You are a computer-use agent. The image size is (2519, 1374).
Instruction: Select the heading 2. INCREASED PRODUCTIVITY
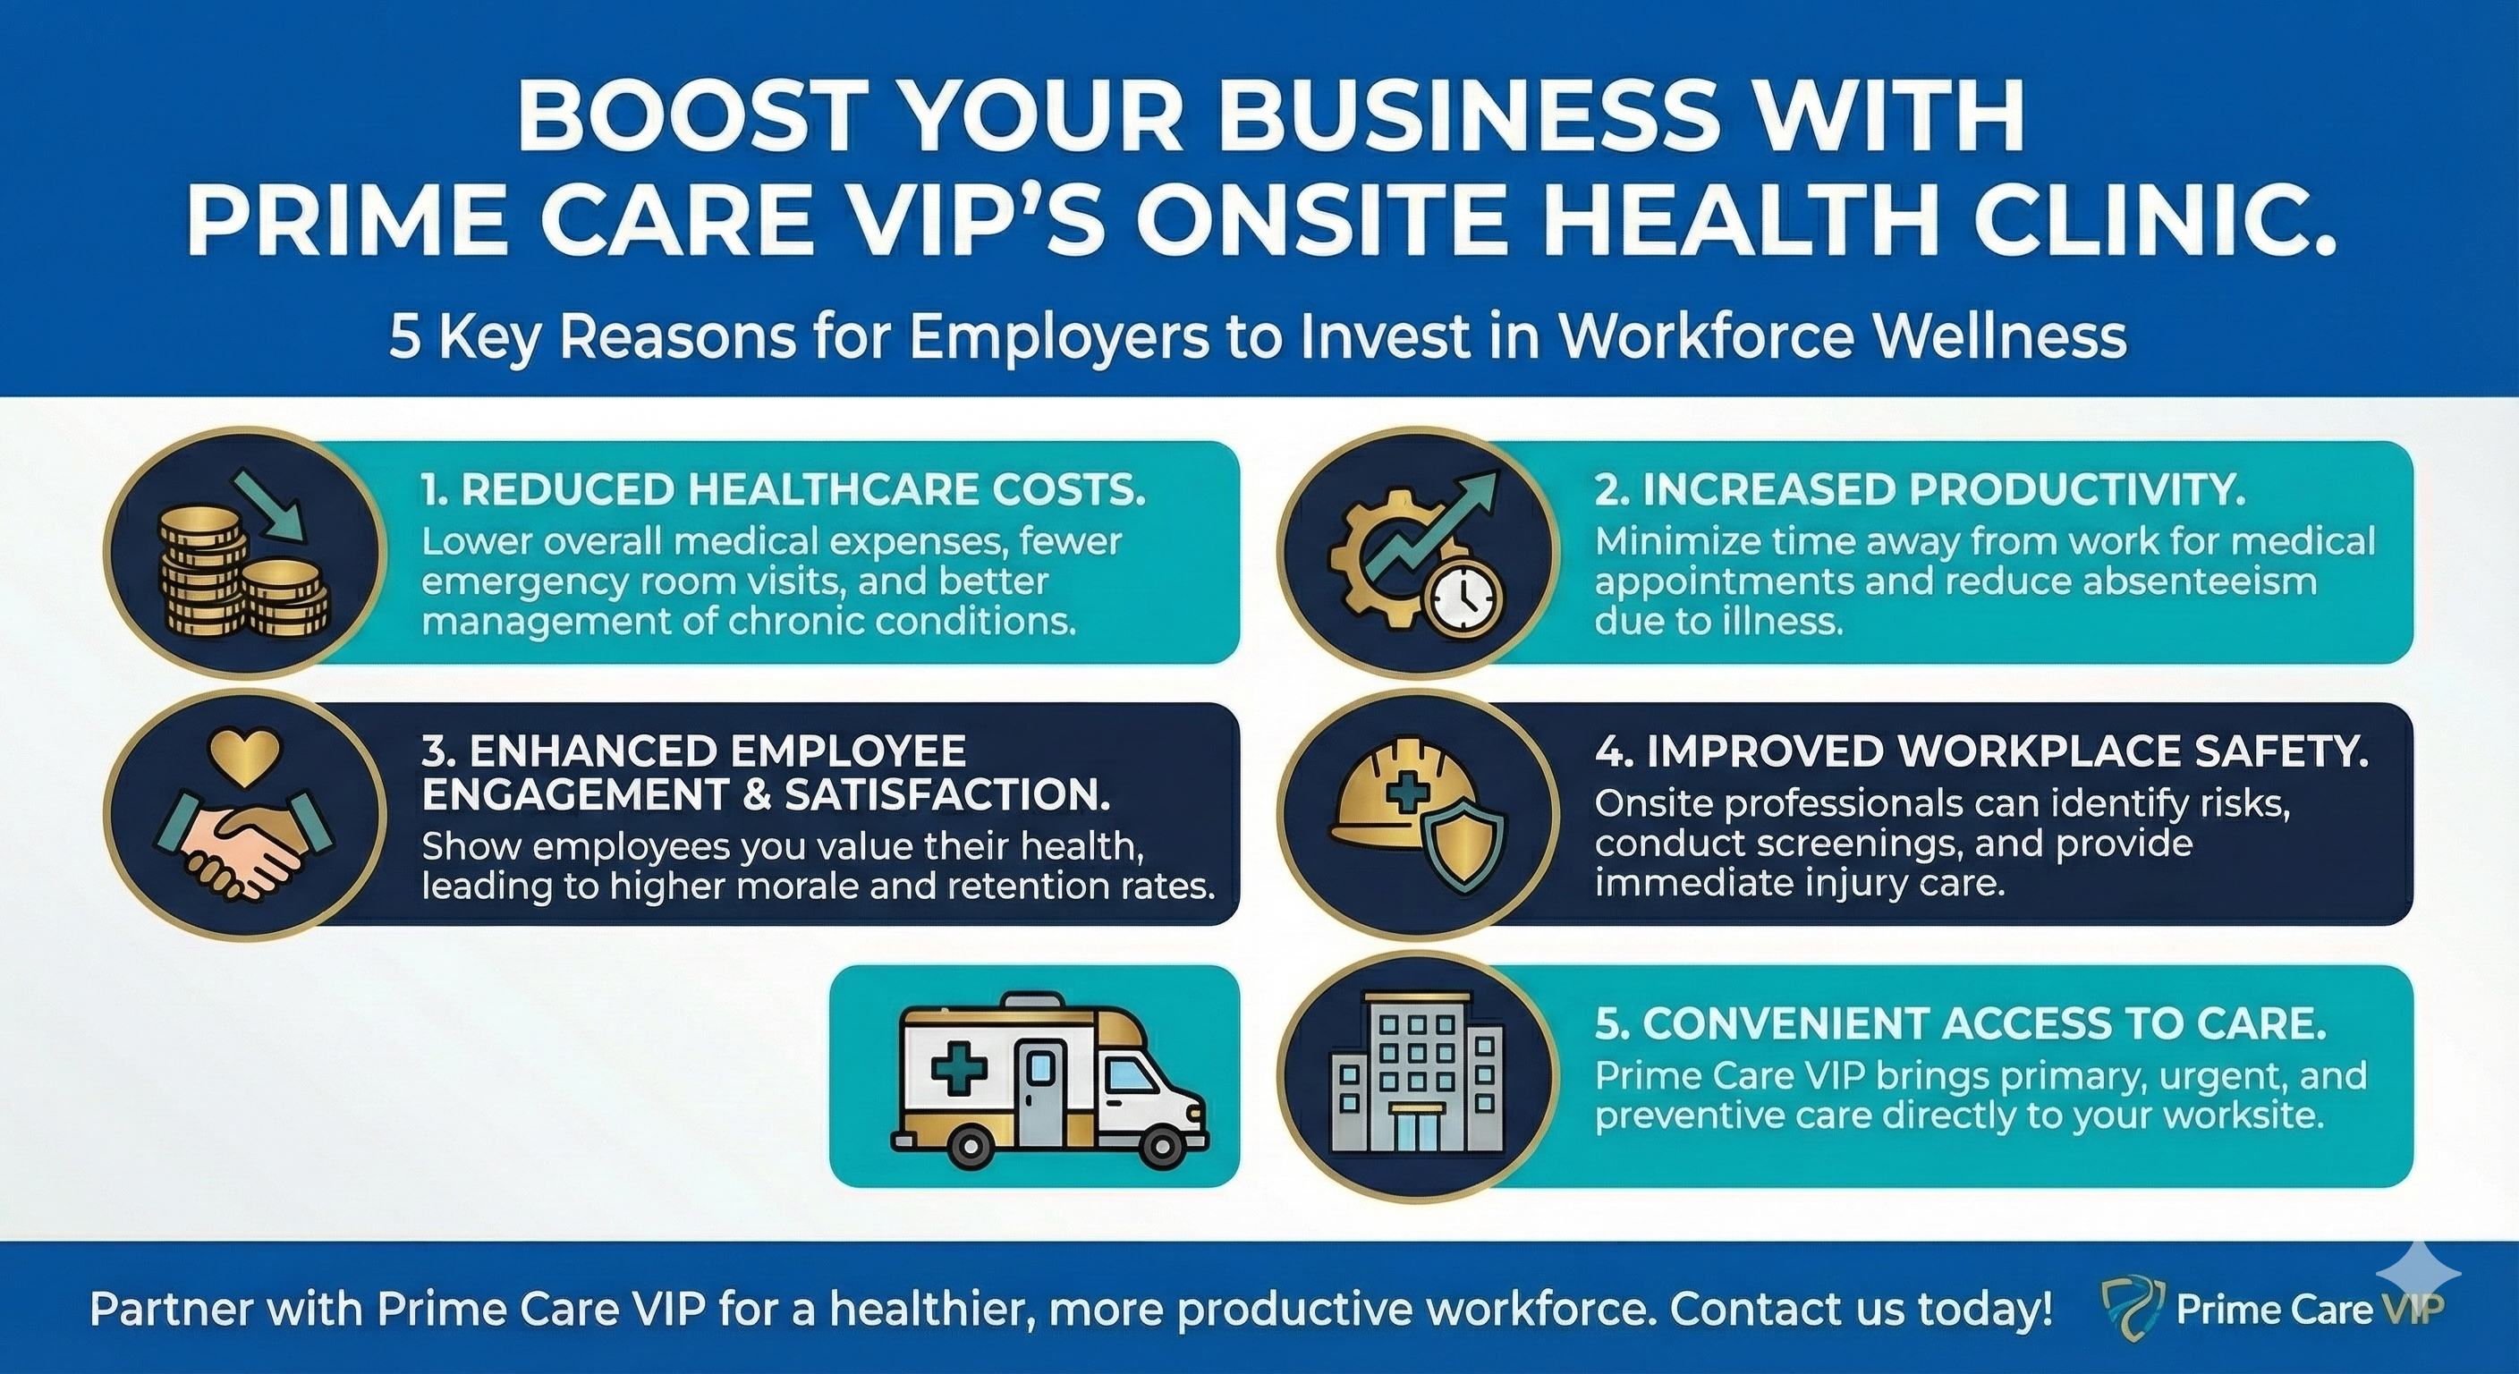point(1920,490)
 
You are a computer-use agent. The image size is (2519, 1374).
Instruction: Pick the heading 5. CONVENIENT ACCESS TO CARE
point(1960,1024)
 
